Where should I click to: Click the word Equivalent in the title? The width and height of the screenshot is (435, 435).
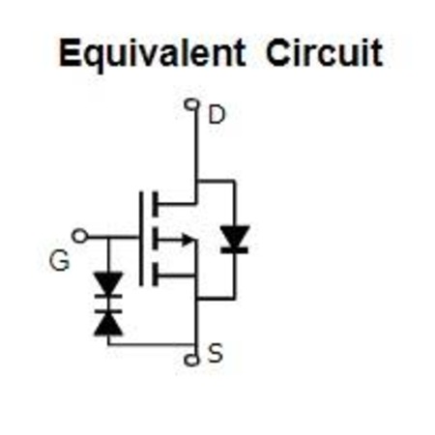click(x=152, y=53)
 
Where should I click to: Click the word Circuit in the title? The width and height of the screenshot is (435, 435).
click(x=324, y=52)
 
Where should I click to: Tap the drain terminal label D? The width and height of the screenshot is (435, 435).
click(x=217, y=115)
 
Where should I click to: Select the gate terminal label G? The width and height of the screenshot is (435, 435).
click(x=59, y=260)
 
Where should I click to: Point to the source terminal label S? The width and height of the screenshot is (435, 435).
click(x=216, y=353)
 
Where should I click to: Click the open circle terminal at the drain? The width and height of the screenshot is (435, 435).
click(x=191, y=104)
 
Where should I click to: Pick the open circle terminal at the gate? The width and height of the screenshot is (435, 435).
click(x=79, y=236)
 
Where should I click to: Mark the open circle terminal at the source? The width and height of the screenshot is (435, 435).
click(x=191, y=360)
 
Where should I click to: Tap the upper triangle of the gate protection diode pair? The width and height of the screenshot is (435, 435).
click(x=108, y=283)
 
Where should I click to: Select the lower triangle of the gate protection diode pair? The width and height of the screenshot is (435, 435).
click(x=108, y=325)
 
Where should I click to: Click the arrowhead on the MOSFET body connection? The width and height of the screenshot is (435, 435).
click(x=188, y=240)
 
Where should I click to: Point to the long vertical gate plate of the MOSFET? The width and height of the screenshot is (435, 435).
click(x=141, y=239)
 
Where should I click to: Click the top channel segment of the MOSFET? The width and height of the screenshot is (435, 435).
click(x=156, y=204)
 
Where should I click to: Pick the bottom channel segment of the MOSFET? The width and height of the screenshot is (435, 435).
click(x=156, y=274)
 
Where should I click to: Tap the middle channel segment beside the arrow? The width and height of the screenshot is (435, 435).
click(x=156, y=239)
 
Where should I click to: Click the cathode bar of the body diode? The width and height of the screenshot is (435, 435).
click(x=235, y=250)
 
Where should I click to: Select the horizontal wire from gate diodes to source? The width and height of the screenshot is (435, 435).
click(x=152, y=345)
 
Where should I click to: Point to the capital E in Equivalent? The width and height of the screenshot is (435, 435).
click(x=70, y=52)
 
